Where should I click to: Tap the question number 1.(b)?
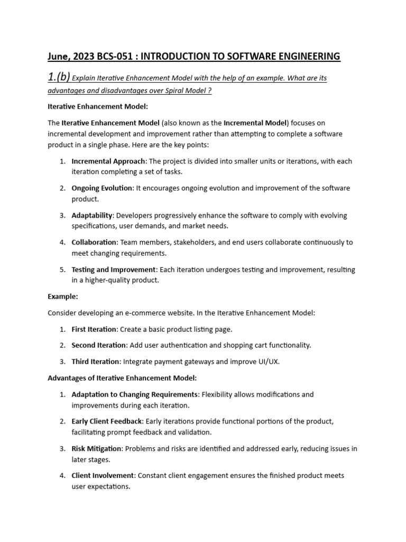[58, 77]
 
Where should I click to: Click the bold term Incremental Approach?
[107, 161]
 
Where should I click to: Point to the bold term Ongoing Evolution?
[103, 188]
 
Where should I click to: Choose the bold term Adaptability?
[92, 215]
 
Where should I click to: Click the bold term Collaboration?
[94, 242]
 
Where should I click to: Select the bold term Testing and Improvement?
[114, 269]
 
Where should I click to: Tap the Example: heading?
[63, 296]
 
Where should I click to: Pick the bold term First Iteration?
[94, 329]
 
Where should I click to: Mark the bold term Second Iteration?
[99, 345]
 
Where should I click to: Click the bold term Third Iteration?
[95, 362]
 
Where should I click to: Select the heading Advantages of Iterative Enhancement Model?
[122, 378]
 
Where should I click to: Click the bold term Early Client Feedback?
[107, 421]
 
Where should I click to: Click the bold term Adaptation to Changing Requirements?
[135, 394]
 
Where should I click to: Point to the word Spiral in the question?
[161, 91]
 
